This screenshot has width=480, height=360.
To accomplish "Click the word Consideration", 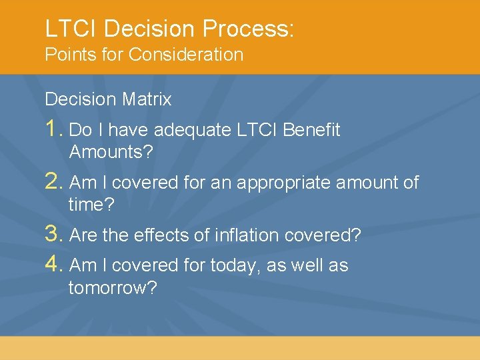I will [x=186, y=55].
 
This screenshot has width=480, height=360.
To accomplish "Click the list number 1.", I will [x=53, y=129].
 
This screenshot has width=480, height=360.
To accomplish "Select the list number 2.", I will [x=53, y=181].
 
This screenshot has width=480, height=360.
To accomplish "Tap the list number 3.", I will [x=53, y=235].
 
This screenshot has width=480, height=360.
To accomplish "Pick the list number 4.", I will [x=53, y=265].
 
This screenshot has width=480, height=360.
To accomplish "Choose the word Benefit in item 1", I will [x=311, y=130].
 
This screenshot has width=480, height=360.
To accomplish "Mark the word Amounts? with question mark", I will [x=111, y=152].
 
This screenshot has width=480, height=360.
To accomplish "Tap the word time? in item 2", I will [x=91, y=205].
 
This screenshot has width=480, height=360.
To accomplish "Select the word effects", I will [x=161, y=235].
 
